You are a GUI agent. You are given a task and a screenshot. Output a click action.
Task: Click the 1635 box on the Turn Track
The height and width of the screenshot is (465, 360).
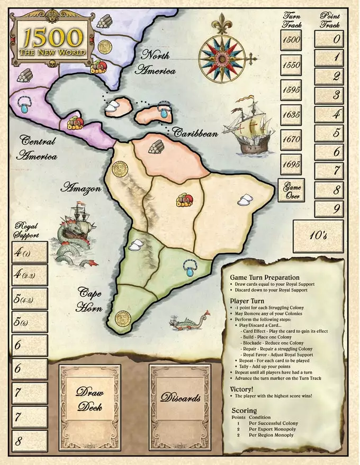point(292,114)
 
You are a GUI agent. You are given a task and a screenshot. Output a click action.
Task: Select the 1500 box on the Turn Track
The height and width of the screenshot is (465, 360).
point(292,39)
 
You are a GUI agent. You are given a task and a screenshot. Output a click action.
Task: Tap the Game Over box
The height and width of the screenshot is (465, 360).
point(292,190)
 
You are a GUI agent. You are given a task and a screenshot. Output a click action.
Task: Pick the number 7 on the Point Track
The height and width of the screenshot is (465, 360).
point(330,170)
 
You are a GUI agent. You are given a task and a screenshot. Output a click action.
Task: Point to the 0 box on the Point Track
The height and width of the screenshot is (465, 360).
point(330,39)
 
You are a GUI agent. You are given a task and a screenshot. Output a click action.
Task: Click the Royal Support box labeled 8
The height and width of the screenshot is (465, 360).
point(29,441)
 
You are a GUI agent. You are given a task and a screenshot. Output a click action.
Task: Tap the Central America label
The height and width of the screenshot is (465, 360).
point(39,148)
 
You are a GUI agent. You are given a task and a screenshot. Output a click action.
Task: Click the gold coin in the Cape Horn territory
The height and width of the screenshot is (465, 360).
point(122,320)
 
